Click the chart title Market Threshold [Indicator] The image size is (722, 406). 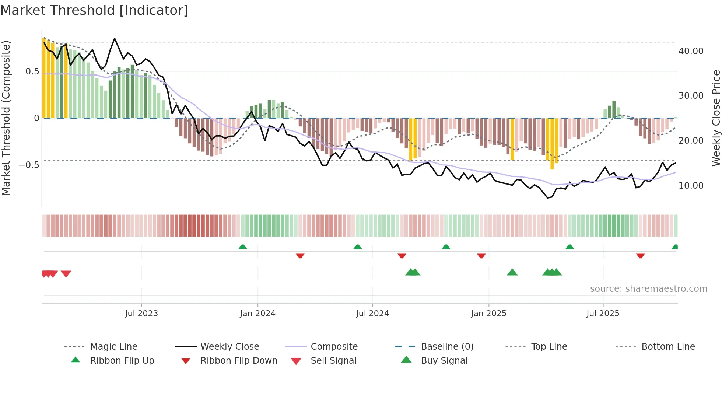(94, 10)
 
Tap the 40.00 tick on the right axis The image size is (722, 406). (691, 51)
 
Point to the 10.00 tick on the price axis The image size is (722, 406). (691, 186)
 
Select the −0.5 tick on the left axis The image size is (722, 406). (29, 165)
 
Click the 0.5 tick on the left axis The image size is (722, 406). (32, 71)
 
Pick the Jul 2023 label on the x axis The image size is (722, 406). (141, 314)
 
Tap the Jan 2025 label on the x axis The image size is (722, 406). (488, 314)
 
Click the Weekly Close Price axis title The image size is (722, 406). (716, 118)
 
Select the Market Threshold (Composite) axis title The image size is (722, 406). (6, 118)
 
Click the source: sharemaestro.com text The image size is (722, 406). (648, 289)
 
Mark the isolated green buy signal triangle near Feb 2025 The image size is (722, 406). (512, 273)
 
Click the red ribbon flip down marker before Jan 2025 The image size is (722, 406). (481, 256)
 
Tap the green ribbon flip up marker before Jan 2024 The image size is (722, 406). (243, 247)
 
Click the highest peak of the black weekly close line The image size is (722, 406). (115, 39)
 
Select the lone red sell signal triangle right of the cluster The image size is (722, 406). (66, 274)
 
